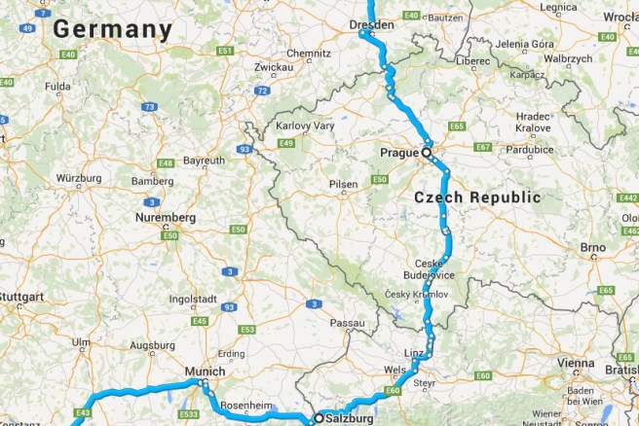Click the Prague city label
tap(398, 154)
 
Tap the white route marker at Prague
tap(426, 153)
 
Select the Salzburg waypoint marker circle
tap(318, 418)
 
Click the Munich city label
tap(206, 372)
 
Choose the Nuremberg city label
tap(166, 217)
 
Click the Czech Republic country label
tap(477, 197)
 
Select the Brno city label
tap(593, 248)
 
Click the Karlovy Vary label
tap(305, 126)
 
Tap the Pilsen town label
tap(343, 183)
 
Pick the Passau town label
tap(348, 323)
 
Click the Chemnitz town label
tap(282, 53)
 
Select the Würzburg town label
tap(79, 179)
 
